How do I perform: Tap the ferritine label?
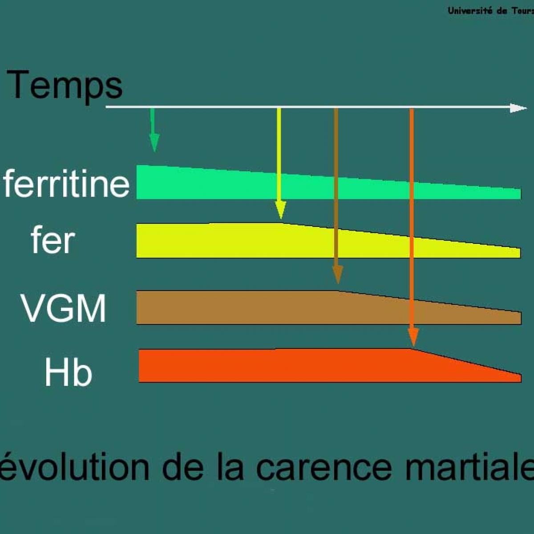pyautogui.click(x=66, y=183)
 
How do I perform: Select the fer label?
pyautogui.click(x=53, y=239)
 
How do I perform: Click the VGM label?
pyautogui.click(x=64, y=307)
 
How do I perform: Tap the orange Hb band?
pyautogui.click(x=330, y=366)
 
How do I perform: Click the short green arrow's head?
pyautogui.click(x=154, y=142)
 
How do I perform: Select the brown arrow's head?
pyautogui.click(x=337, y=275)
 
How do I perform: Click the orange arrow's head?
pyautogui.click(x=413, y=337)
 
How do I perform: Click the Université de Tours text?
pyautogui.click(x=491, y=11)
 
